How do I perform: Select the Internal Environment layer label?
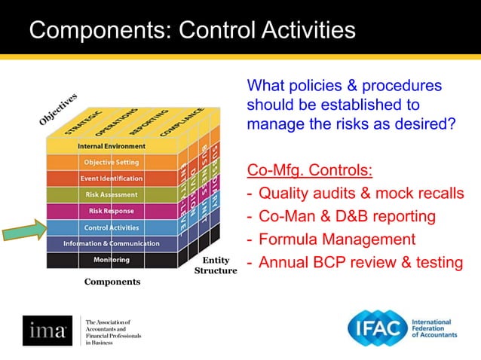[112, 146]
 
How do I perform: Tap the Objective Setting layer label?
[112, 162]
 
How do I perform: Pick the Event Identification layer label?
[112, 178]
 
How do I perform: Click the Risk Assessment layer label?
[112, 194]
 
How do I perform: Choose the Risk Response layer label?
[112, 211]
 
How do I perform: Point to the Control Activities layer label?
[112, 227]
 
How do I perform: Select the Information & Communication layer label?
[112, 243]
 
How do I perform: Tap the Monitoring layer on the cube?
[112, 260]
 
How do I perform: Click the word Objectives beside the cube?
[58, 109]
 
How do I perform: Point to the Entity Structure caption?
[216, 265]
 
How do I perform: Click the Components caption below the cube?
[112, 282]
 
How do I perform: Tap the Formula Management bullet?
[337, 239]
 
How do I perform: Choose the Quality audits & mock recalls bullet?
[361, 194]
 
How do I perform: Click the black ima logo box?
[47, 330]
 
